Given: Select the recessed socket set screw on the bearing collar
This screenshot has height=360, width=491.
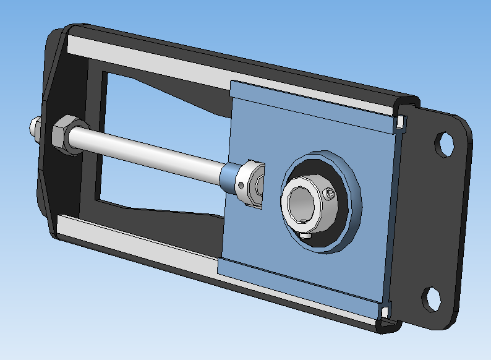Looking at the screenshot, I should coord(331,195).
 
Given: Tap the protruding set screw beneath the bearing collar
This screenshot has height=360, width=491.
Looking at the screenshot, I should coord(306,236).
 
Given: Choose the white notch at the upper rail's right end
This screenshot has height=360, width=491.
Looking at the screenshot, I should coord(403,121).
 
